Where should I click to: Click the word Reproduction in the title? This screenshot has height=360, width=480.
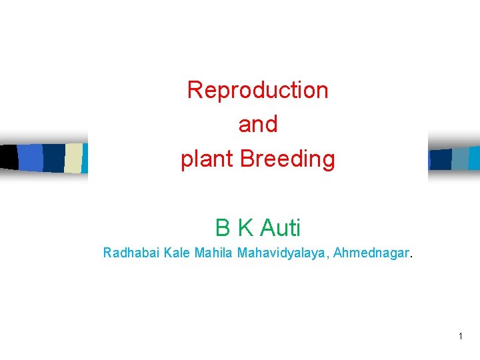(257, 90)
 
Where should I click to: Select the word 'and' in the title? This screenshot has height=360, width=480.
(257, 125)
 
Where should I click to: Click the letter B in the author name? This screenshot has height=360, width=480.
(223, 229)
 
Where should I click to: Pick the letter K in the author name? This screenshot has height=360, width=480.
(245, 229)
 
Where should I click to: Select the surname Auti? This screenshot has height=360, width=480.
(280, 229)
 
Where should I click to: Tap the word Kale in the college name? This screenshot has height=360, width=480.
(174, 253)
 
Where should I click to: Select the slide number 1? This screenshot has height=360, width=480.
(460, 337)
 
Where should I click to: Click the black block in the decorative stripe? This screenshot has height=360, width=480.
(9, 157)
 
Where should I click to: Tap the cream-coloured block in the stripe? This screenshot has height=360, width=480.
(73, 158)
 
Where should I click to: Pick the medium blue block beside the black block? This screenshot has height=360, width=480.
(31, 158)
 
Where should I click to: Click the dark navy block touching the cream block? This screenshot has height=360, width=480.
(53, 158)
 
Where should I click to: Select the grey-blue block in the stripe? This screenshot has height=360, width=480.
(460, 159)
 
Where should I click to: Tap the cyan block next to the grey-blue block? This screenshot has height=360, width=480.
(475, 158)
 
